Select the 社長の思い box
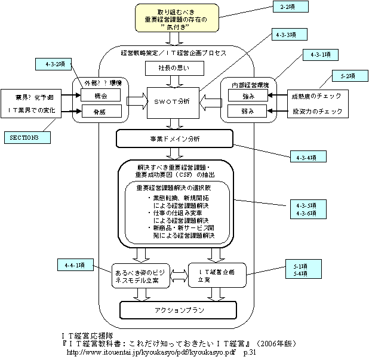point(173,68)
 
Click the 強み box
point(246,95)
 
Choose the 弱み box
point(246,110)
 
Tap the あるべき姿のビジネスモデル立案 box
point(137,276)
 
